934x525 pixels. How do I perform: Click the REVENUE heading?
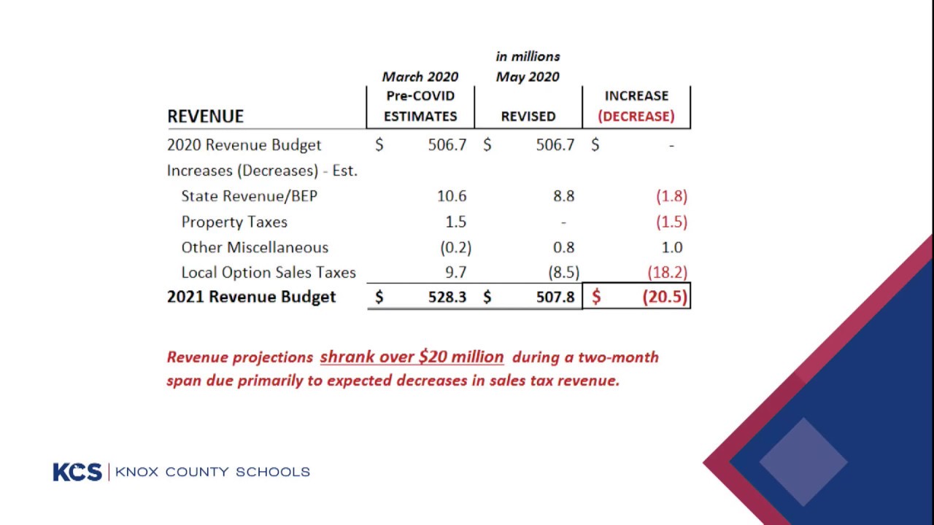pos(205,116)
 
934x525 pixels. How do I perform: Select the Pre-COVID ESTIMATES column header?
pos(420,106)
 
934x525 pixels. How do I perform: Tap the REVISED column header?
pos(528,116)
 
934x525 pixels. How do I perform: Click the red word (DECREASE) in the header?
pos(636,116)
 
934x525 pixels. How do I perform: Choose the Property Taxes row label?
pos(234,222)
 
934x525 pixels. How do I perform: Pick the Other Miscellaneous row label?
pos(255,247)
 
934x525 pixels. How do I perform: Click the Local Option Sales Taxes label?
pos(269,273)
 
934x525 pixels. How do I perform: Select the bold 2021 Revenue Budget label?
pos(251,297)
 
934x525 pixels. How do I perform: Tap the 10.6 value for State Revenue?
pos(452,196)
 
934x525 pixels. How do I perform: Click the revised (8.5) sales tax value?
pos(563,273)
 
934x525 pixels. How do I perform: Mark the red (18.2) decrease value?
pos(667,273)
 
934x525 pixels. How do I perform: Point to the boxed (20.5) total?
pos(664,297)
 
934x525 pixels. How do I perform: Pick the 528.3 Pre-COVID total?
pos(447,297)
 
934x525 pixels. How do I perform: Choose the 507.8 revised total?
pos(555,297)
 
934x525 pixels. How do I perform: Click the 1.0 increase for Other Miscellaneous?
pos(671,247)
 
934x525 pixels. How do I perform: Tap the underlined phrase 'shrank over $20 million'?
pos(412,357)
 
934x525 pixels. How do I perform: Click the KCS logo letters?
pos(77,472)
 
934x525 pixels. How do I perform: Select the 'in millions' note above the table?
pos(528,56)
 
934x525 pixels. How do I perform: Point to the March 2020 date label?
pos(420,77)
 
